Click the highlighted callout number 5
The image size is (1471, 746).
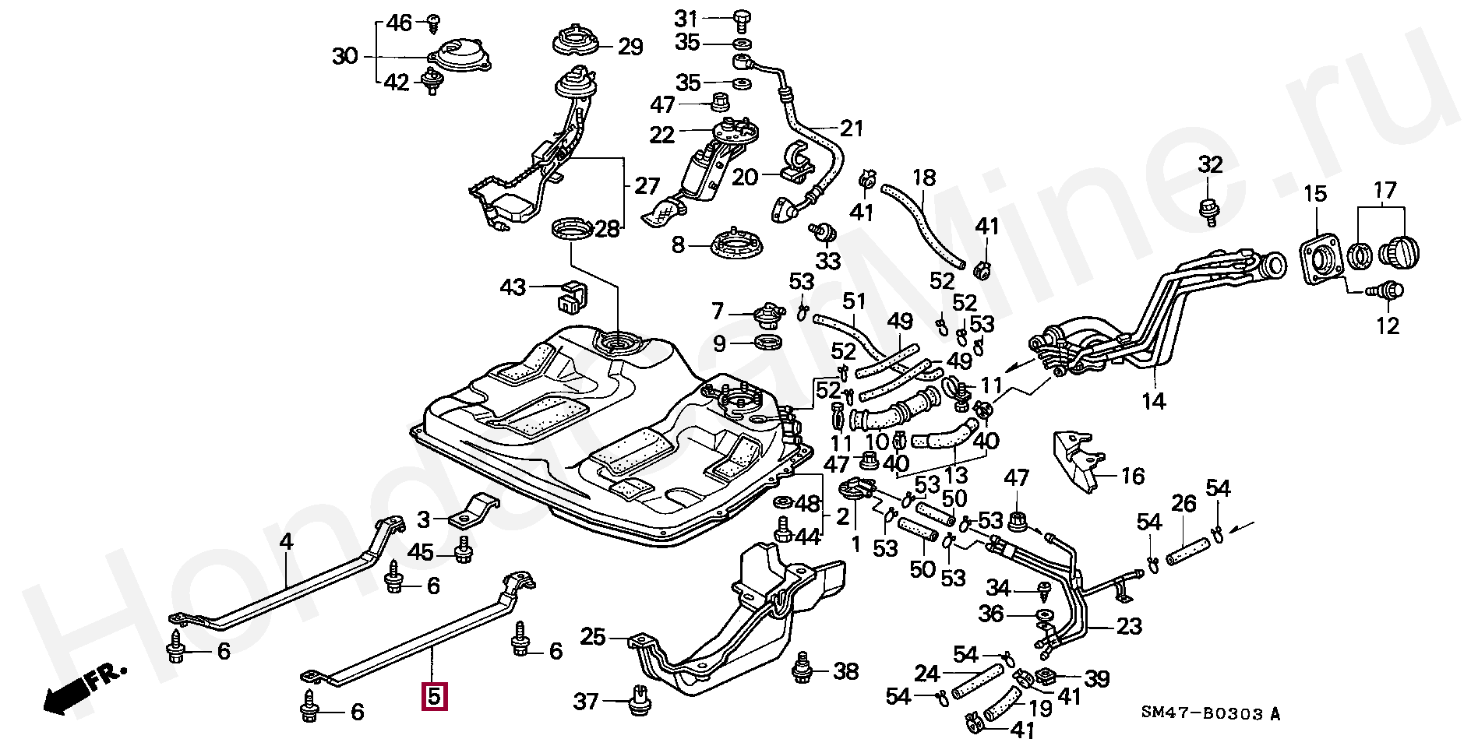click(x=434, y=696)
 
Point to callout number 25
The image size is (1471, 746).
click(x=593, y=637)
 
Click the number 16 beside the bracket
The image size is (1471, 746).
click(x=1132, y=475)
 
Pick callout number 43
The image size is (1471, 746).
click(x=513, y=287)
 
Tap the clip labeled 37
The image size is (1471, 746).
click(x=639, y=700)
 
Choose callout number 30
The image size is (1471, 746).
click(x=345, y=56)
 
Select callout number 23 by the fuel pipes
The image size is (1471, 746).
click(x=1129, y=626)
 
